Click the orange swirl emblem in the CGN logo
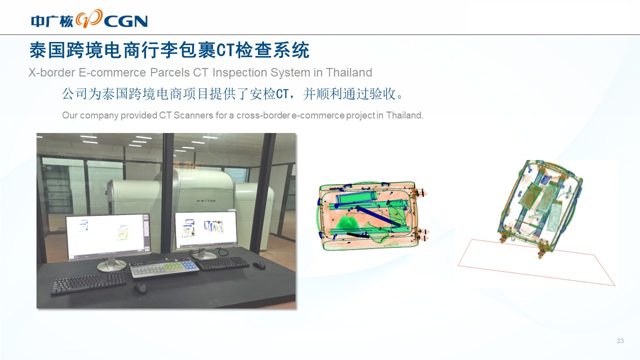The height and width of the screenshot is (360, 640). [x=89, y=18]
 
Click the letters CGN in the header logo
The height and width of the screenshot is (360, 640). [x=126, y=21]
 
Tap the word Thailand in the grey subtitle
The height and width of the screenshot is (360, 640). [x=349, y=72]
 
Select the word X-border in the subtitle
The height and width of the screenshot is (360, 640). [x=51, y=72]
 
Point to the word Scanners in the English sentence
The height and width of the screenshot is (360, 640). [x=193, y=115]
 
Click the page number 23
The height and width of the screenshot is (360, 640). [x=620, y=340]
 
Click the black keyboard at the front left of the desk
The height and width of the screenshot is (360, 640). [x=88, y=282]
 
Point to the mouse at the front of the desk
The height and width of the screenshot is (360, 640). [x=140, y=287]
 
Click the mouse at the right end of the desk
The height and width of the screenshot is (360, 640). [x=259, y=265]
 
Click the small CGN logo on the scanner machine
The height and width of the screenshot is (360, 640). [x=206, y=200]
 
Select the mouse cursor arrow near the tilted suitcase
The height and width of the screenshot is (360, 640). [x=513, y=238]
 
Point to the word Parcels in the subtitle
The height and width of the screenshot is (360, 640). [x=169, y=72]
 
